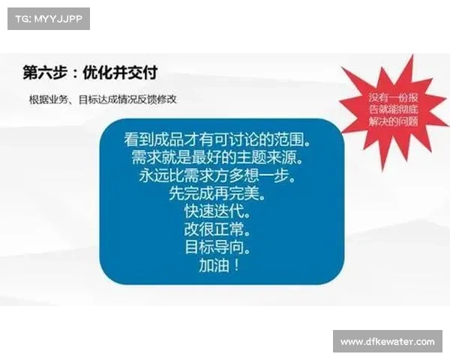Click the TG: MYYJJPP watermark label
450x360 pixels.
coord(47,18)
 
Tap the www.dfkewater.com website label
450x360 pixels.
coord(387,342)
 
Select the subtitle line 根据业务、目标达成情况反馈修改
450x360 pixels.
coord(103,99)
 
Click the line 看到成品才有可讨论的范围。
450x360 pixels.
coord(217,140)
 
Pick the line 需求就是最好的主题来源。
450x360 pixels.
coord(217,157)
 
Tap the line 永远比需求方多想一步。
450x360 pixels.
coord(217,175)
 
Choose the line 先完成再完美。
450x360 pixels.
coord(217,193)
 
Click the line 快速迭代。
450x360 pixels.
coord(217,211)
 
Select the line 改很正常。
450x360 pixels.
coord(217,229)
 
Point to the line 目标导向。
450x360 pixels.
coord(217,247)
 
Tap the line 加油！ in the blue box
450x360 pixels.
coord(218,265)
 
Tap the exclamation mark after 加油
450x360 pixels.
coord(235,265)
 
